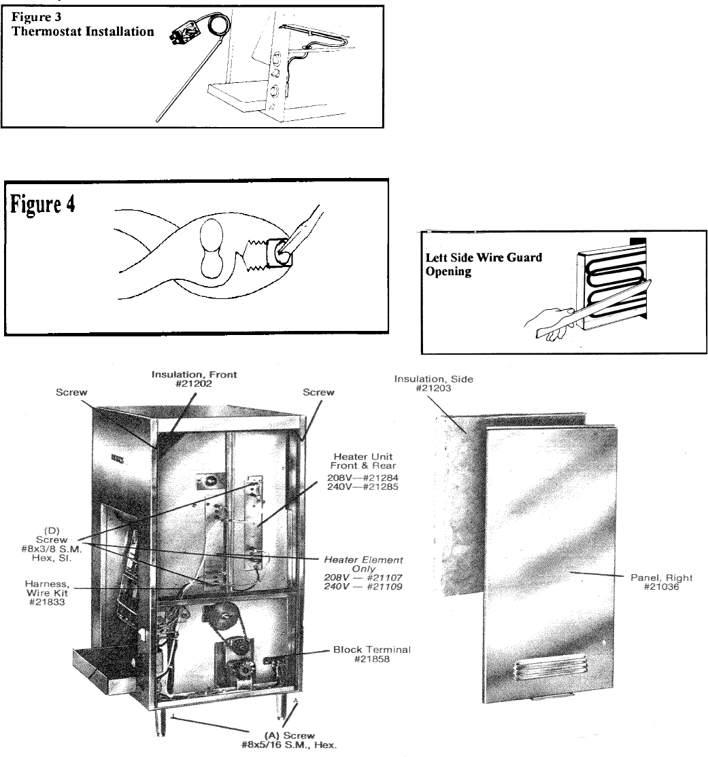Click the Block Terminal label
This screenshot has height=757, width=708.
click(x=371, y=650)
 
